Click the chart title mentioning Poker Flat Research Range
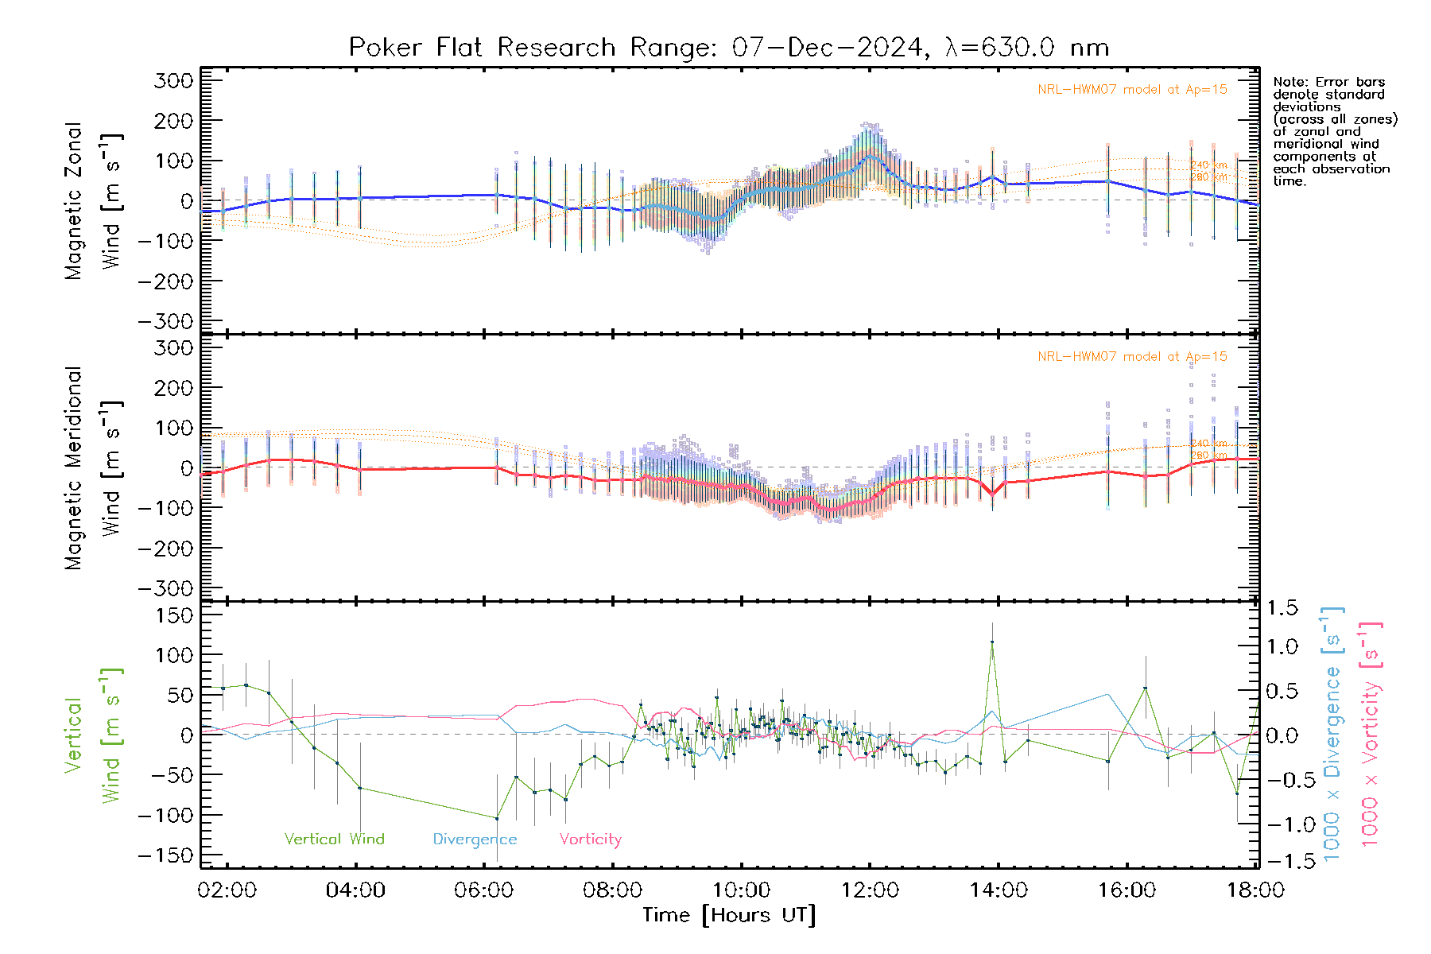pos(728,48)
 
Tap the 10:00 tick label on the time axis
pos(741,890)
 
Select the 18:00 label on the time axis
pos(1255,890)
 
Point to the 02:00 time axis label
pos(227,890)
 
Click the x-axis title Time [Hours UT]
pos(728,915)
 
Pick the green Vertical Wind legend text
pos(334,840)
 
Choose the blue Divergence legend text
pos(475,840)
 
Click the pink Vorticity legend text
pos(590,840)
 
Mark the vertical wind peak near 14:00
pos(992,642)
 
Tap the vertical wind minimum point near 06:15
pos(497,818)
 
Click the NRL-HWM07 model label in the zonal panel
pos(1132,90)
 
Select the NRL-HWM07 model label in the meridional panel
pos(1132,357)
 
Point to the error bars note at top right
pos(1334,131)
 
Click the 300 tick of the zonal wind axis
pos(174,80)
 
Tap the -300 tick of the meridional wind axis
pos(166,588)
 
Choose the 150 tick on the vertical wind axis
pos(174,615)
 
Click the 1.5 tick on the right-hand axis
pos(1282,608)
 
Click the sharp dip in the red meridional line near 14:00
pos(992,494)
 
